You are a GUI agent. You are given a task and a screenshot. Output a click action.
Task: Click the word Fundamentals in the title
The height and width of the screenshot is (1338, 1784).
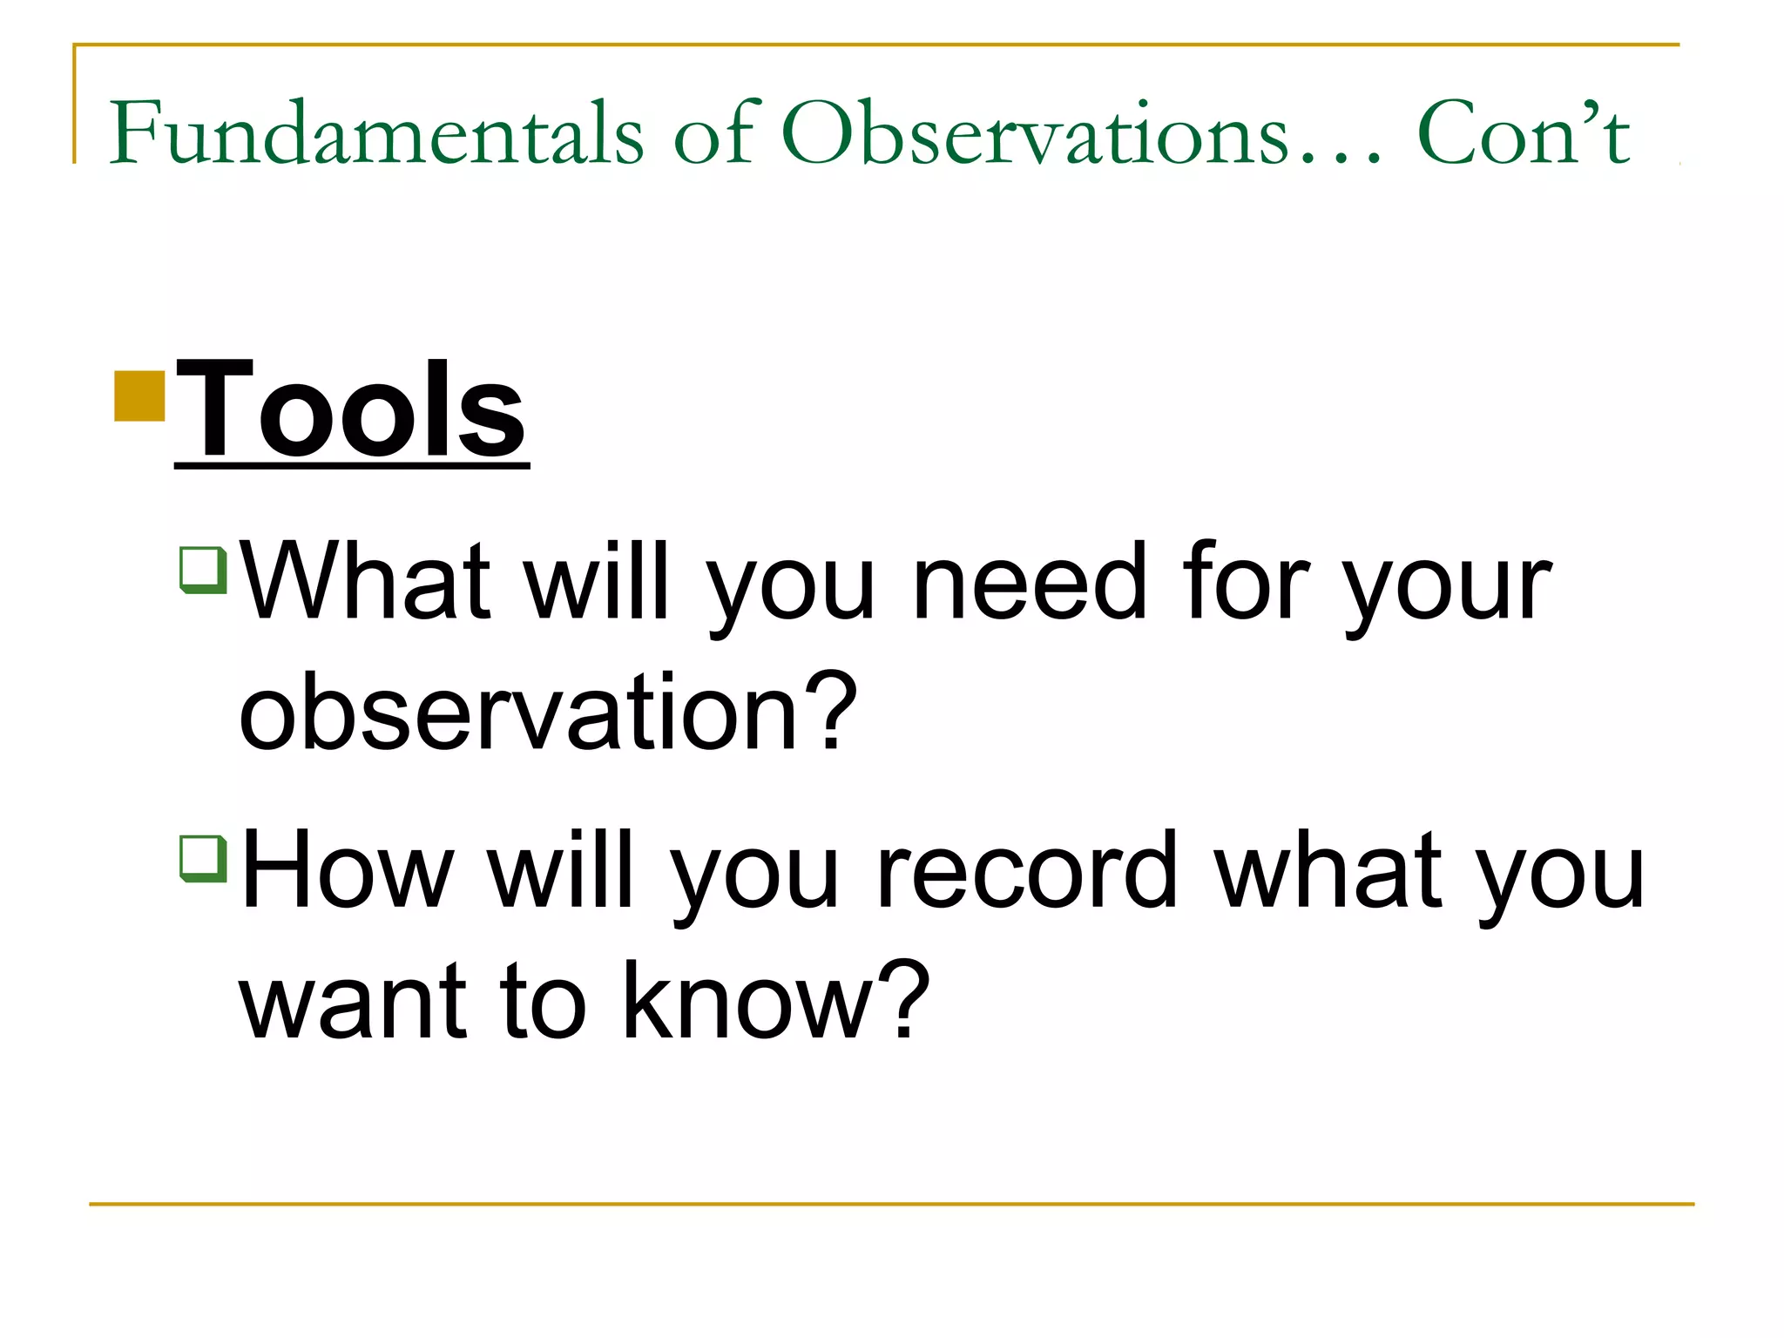click(x=376, y=132)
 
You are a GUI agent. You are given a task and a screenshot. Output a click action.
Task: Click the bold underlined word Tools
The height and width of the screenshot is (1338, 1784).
click(x=351, y=409)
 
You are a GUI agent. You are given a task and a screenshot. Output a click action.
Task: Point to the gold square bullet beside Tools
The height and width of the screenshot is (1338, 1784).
click(x=139, y=396)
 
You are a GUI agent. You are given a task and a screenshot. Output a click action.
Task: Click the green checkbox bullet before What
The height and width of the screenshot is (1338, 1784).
click(x=203, y=570)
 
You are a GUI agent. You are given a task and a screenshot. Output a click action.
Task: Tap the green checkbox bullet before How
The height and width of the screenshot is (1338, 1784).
click(x=203, y=858)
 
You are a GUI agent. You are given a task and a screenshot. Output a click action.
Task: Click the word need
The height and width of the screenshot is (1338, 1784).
click(x=1029, y=581)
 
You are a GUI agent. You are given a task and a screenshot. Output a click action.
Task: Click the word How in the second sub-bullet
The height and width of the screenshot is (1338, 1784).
click(x=347, y=869)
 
